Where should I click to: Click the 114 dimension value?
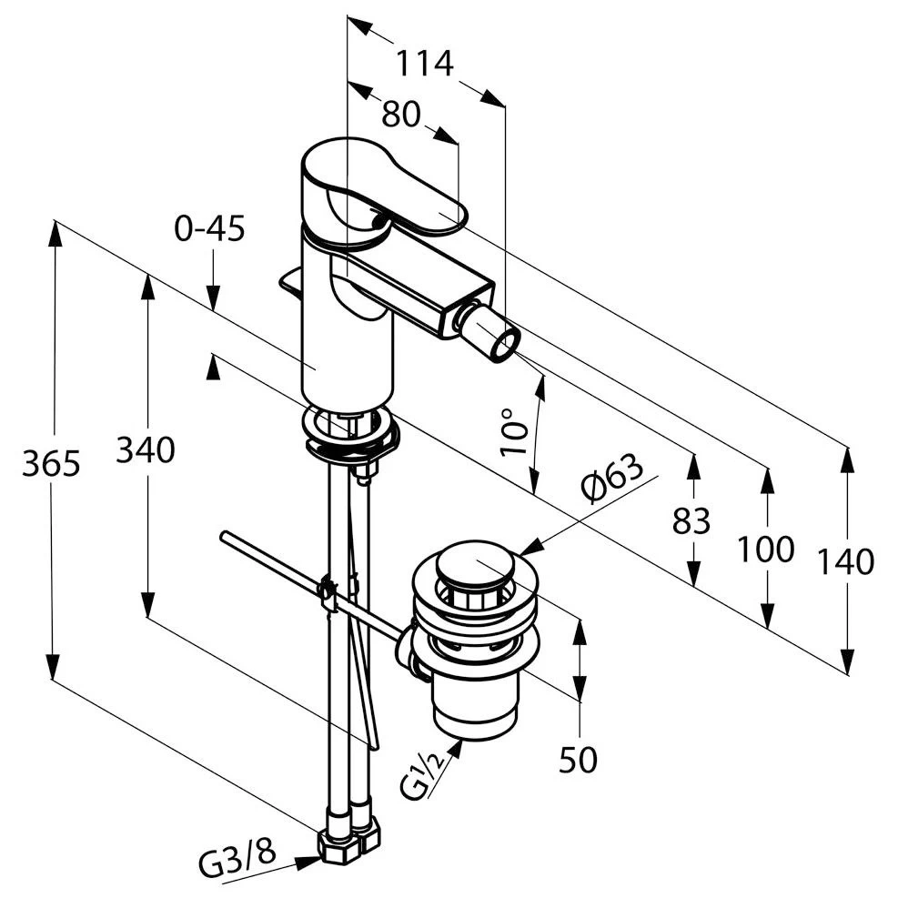425,63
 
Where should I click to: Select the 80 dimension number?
401,114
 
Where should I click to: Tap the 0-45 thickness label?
209,228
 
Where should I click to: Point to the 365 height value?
51,463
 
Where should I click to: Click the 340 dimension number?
146,449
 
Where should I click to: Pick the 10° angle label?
513,432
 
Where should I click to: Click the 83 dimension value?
691,521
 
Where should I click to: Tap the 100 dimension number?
766,549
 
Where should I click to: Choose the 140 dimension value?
845,562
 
